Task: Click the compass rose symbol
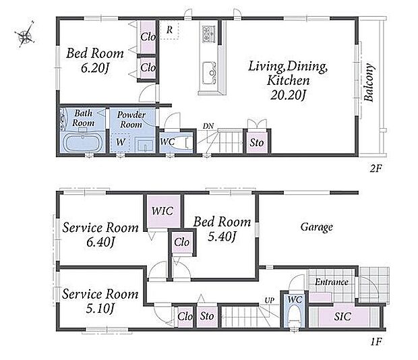[x=25, y=34]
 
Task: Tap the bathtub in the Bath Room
[x=83, y=142]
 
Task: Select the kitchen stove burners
[x=208, y=34]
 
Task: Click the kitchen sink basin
[x=209, y=73]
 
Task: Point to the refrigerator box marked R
[x=169, y=30]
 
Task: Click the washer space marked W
[x=120, y=142]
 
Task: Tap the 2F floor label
[x=376, y=169]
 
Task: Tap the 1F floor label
[x=376, y=342]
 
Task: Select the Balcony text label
[x=369, y=82]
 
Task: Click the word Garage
[x=317, y=227]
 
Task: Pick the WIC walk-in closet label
[x=162, y=211]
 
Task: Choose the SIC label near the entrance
[x=342, y=317]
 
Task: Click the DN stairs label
[x=208, y=126]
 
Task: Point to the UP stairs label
[x=269, y=300]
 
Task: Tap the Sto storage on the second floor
[x=257, y=143]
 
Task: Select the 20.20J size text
[x=288, y=95]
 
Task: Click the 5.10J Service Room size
[x=100, y=309]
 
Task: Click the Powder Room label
[x=131, y=119]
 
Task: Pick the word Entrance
[x=332, y=282]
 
